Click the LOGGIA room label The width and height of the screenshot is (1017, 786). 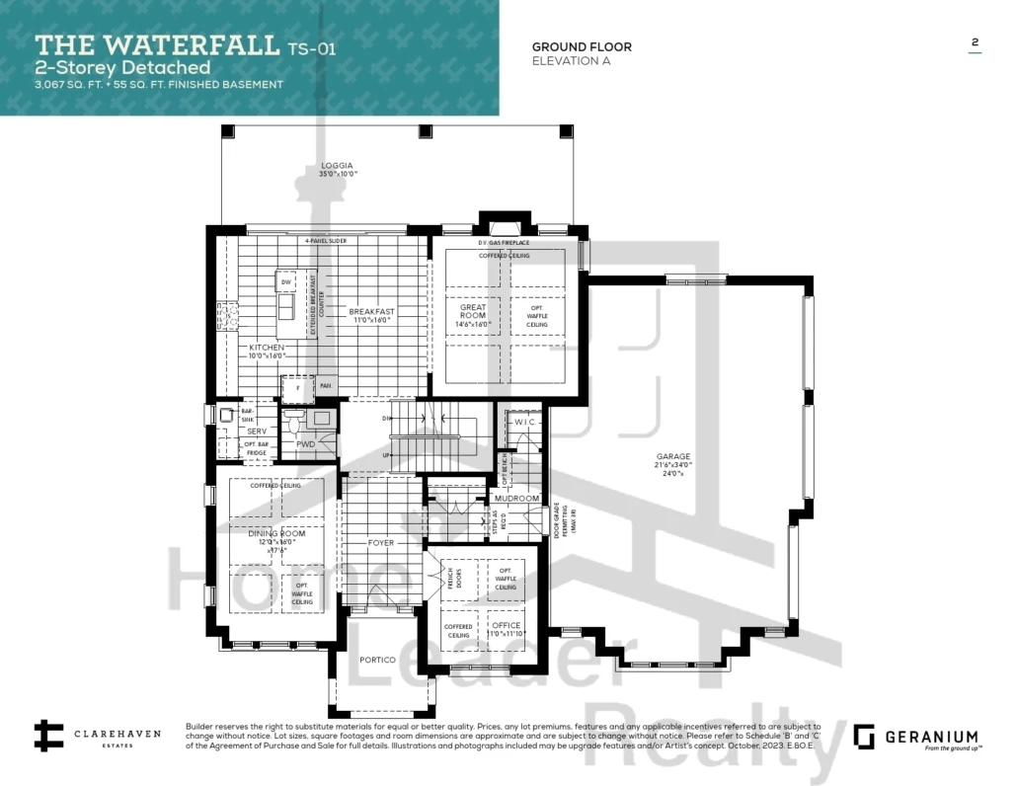(337, 166)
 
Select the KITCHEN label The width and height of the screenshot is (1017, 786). (267, 348)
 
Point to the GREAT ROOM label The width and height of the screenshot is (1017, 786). (473, 308)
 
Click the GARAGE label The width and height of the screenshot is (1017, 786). (674, 457)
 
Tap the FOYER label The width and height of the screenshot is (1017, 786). (380, 543)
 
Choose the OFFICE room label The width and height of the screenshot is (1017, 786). (507, 625)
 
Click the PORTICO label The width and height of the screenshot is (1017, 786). (377, 660)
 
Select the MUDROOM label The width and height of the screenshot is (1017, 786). (517, 499)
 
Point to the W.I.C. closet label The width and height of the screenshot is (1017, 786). (523, 423)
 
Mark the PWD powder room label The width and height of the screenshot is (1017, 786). (306, 445)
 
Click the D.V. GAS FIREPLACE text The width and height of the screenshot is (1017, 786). (505, 243)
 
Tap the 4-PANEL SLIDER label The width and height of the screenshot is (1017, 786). (326, 241)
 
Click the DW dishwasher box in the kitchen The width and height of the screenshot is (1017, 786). (286, 283)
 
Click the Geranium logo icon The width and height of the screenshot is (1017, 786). (864, 737)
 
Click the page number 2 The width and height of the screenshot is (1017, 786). (975, 42)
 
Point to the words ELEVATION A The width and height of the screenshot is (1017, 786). (571, 61)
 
